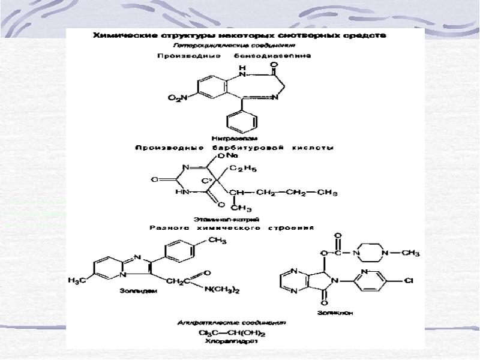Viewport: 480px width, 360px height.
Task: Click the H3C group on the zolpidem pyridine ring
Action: pos(79,280)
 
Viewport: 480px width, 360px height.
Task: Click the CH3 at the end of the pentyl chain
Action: pos(328,193)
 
